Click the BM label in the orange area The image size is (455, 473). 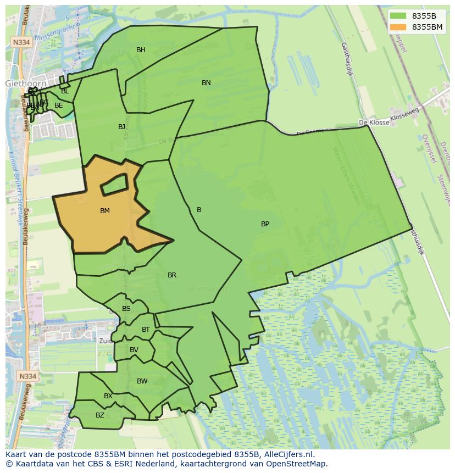[x=105, y=211]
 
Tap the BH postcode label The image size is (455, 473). [x=141, y=50]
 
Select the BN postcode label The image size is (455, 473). [x=206, y=83]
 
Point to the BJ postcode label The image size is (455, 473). [x=121, y=127]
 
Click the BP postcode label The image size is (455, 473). [x=265, y=224]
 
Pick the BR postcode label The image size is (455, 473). [x=172, y=275]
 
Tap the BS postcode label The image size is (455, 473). [x=126, y=309]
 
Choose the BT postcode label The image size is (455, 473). [x=146, y=330]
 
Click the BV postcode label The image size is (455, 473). [x=134, y=350]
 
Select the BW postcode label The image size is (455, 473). [x=142, y=381]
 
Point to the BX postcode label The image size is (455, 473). [x=108, y=396]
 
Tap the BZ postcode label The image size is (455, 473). [x=99, y=415]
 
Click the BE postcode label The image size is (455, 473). [x=58, y=105]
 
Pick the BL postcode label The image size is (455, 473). [x=65, y=91]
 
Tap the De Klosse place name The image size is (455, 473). [x=373, y=123]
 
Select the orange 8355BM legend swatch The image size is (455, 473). [x=399, y=27]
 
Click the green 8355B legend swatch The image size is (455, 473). [x=399, y=16]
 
